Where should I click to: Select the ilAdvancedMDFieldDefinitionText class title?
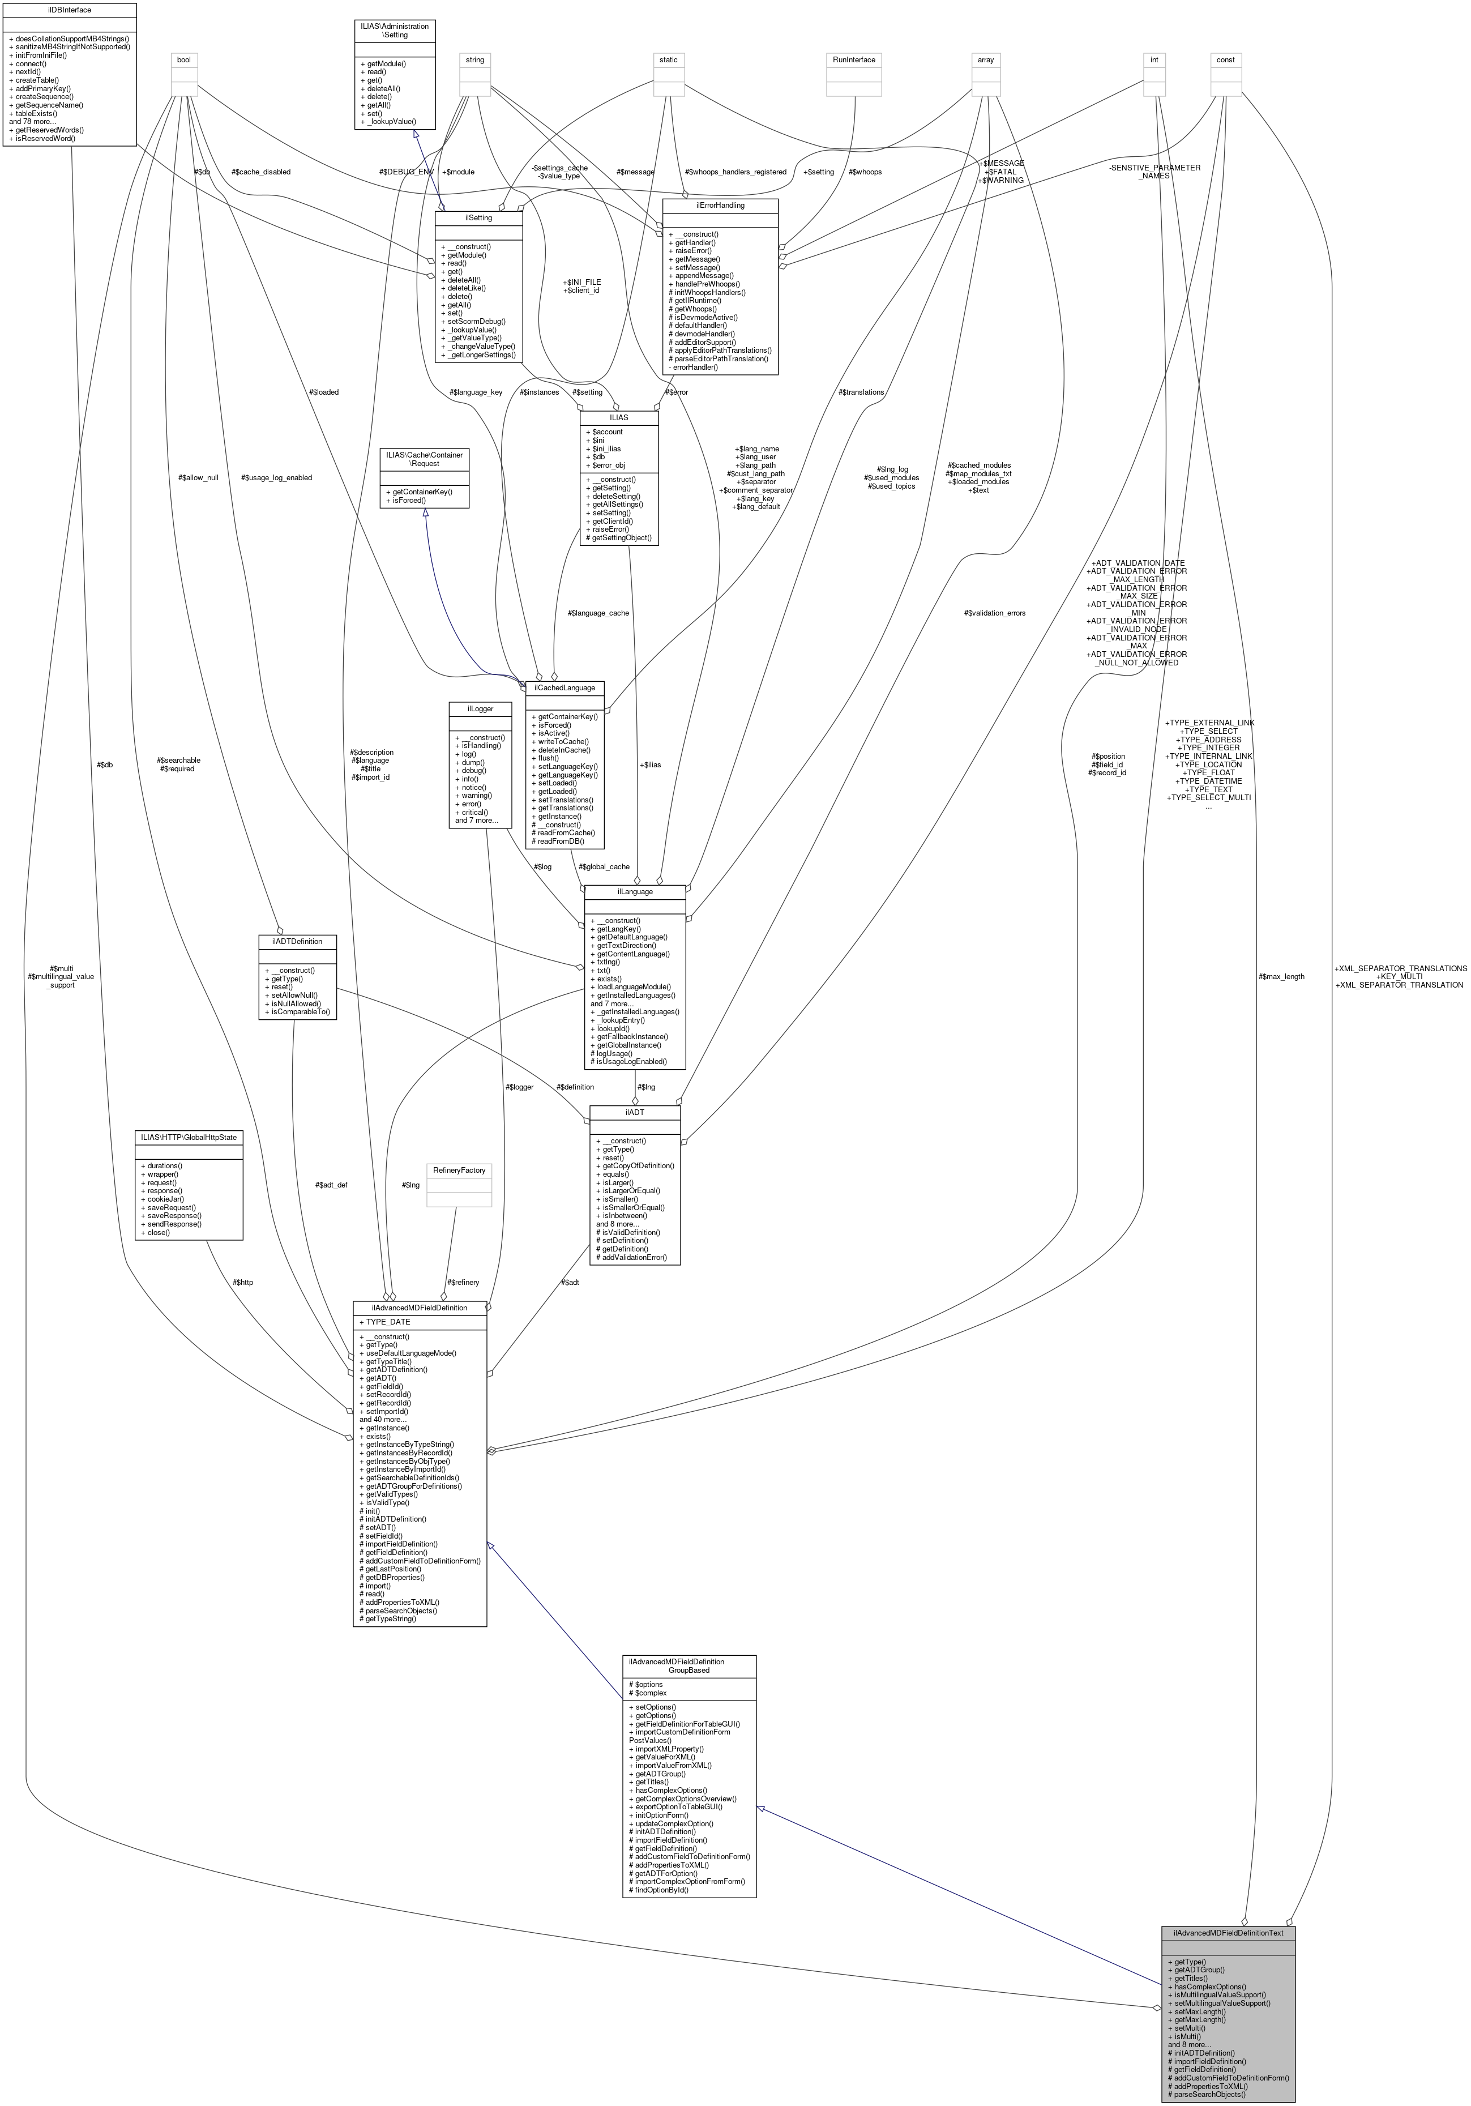1228,1932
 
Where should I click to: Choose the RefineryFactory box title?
459,1171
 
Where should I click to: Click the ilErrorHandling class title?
719,206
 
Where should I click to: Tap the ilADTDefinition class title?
297,941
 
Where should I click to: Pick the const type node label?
1225,59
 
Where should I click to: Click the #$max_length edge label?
1282,977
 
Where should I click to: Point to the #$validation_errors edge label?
994,613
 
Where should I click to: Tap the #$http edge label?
243,1282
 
